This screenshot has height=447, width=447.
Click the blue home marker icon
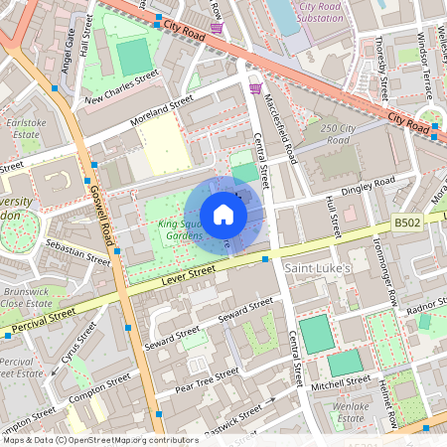(223, 215)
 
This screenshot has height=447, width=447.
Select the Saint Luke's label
(320, 269)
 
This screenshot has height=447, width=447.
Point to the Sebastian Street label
(77, 250)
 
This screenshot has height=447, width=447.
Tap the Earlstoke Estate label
(22, 127)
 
